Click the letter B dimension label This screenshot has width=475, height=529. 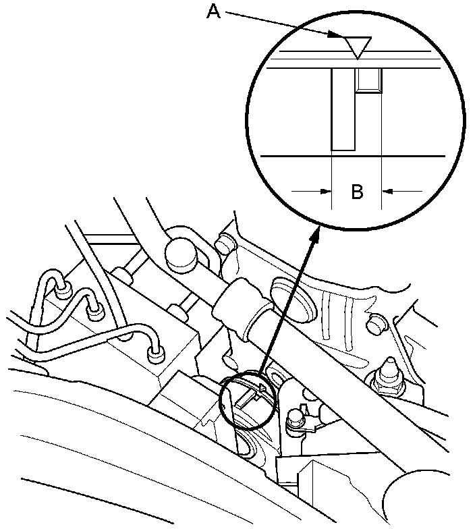[x=357, y=192]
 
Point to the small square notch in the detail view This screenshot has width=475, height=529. [x=368, y=80]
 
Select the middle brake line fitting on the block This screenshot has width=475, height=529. [x=94, y=311]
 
